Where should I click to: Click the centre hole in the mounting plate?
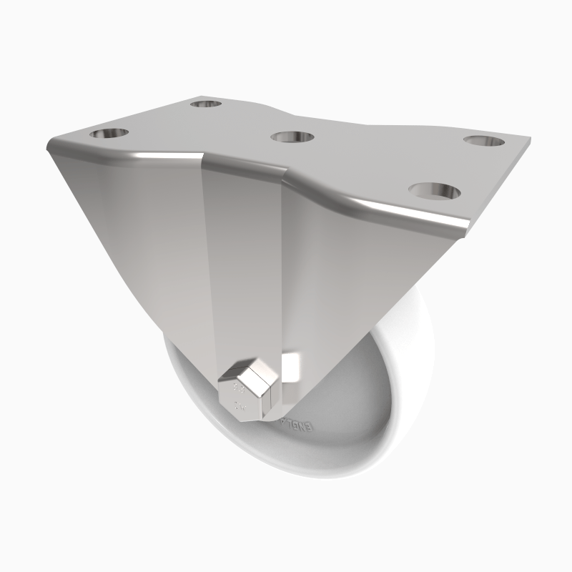coord(294,137)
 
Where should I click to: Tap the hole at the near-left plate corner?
coord(109,134)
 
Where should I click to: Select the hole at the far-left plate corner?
coord(206,105)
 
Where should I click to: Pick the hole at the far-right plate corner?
coord(480,139)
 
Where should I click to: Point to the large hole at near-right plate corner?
coord(434,191)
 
